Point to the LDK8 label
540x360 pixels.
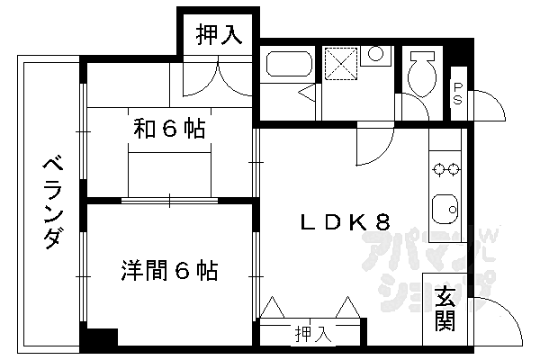(x=345, y=222)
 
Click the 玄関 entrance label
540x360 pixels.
(x=445, y=308)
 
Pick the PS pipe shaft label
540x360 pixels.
(x=458, y=93)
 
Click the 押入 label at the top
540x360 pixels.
(x=220, y=35)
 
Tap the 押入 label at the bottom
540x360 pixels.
(x=313, y=335)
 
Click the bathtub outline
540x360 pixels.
(x=289, y=65)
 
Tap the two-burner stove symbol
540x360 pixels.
(x=445, y=167)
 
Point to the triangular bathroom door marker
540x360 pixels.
(x=306, y=92)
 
